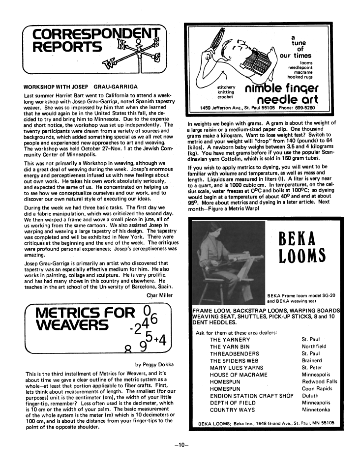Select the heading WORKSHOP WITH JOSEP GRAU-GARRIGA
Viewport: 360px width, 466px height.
[81, 87]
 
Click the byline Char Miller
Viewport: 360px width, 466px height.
[159, 295]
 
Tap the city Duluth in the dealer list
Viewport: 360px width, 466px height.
[311, 395]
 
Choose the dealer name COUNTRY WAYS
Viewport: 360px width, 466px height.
[232, 409]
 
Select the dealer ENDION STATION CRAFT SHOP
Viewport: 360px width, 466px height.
[251, 395]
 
